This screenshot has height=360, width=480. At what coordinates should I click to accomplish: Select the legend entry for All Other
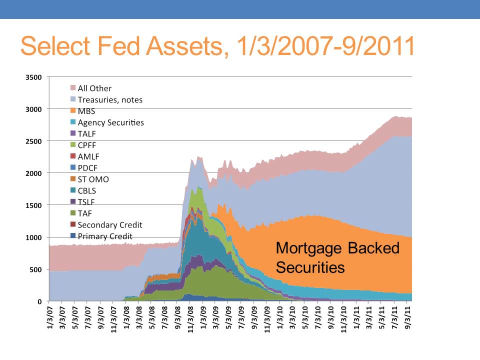pos(91,88)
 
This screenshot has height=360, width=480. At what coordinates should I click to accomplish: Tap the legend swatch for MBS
pos(73,110)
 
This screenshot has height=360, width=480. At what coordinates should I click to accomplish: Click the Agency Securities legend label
pos(110,122)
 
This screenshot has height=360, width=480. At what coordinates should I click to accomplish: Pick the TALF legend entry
pos(83,134)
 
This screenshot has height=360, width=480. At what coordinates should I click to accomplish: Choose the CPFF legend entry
pos(83,145)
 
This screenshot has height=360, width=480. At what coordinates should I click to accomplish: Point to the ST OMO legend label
pos(93,179)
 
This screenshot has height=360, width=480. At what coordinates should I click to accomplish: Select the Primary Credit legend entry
pos(101,236)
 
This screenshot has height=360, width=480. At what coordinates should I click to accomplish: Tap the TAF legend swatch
pos(73,213)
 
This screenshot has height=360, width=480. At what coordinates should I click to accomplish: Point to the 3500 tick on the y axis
pos(33,77)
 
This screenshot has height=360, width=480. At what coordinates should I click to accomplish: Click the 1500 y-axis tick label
pos(33,205)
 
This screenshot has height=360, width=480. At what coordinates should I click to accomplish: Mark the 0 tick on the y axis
pos(39,301)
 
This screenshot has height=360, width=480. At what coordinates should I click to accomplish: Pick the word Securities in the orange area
pos(310,267)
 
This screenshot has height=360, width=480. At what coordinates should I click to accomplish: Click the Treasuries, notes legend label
pos(110,100)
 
